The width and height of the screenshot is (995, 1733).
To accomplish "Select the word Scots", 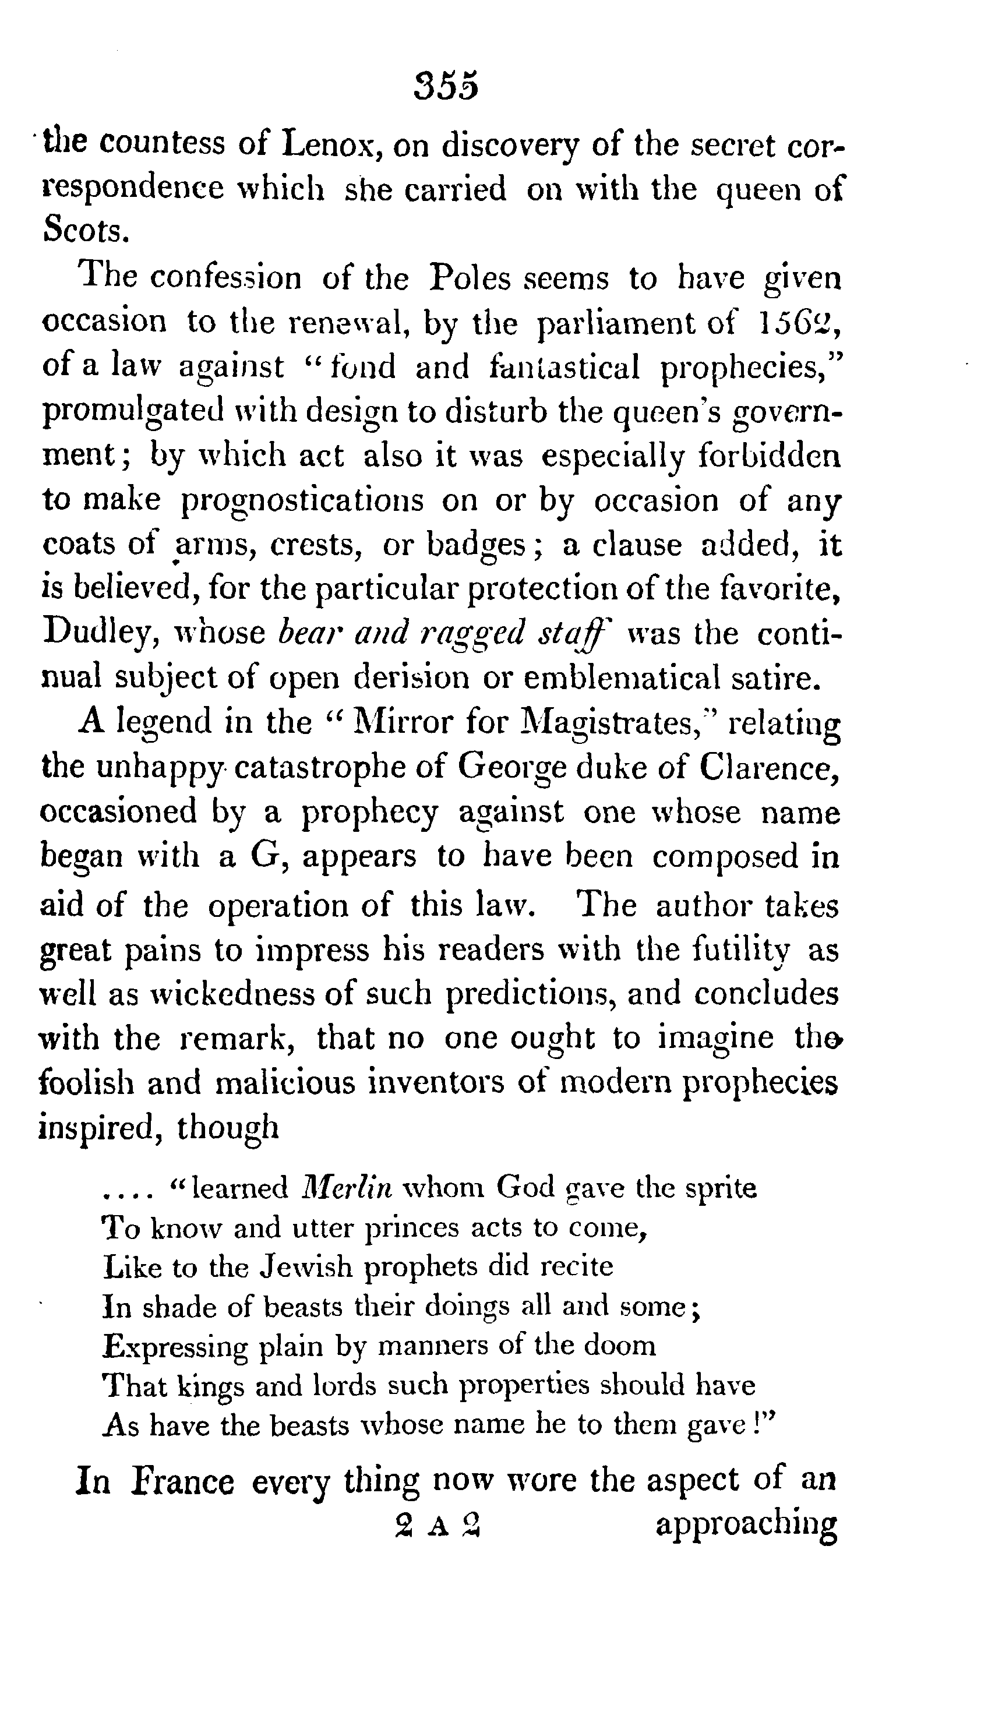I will point(84,231).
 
